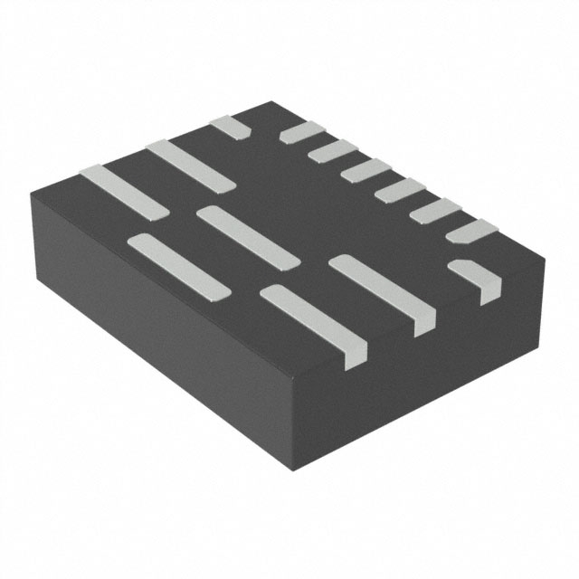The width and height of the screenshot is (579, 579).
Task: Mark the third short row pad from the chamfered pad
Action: [x=399, y=190]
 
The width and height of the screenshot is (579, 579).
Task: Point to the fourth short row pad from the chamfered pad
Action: [x=365, y=170]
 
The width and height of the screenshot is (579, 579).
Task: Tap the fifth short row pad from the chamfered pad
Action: [x=333, y=150]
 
